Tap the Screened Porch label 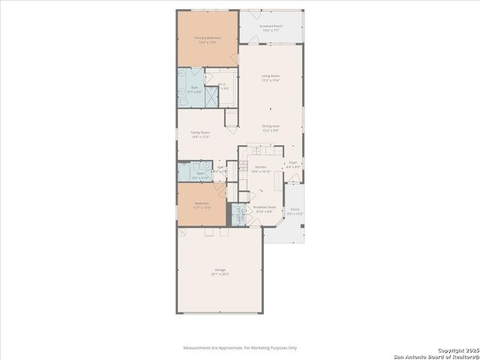pos(271,25)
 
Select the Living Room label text pos(271,76)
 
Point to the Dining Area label pos(271,126)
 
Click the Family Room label pos(200,132)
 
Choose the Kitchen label pos(260,167)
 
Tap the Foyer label pos(293,162)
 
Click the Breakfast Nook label pos(265,207)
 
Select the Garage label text pos(220,269)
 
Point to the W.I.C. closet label pos(223,84)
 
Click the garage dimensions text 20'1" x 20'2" pos(220,274)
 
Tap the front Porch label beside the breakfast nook pos(295,209)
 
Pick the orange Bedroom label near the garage pos(202,203)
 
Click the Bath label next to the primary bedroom pos(194,88)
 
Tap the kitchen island pos(278,181)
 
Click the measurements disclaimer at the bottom pos(240,347)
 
